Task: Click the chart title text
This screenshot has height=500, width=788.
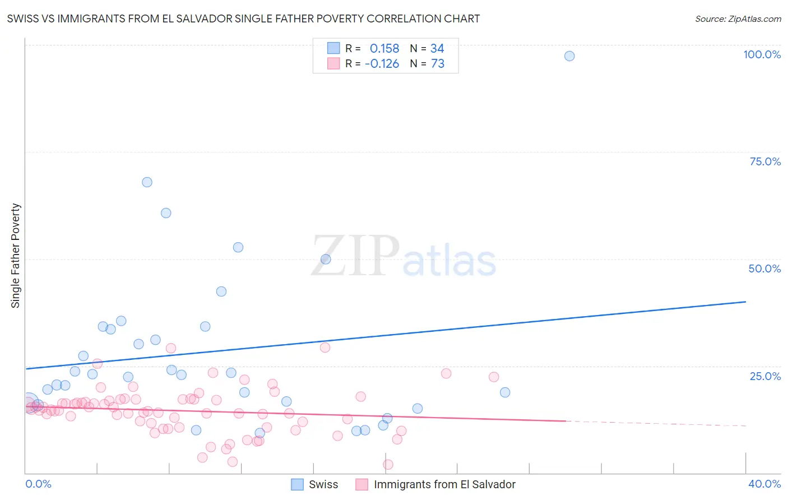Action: coord(243,18)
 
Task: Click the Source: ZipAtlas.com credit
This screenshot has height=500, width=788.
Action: coord(738,18)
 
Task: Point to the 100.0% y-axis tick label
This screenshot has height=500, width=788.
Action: coord(762,54)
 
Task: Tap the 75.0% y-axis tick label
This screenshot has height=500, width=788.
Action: coord(765,161)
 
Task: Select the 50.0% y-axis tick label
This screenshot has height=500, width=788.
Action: coord(764,268)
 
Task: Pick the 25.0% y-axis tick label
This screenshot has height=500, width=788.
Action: coord(765,376)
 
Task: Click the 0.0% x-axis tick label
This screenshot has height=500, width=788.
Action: coord(38,484)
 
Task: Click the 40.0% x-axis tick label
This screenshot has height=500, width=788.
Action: coord(764,484)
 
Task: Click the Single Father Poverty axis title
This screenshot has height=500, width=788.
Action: coord(16,256)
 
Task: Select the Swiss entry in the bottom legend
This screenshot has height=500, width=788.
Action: coord(323,484)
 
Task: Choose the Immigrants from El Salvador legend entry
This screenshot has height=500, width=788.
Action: coord(444,484)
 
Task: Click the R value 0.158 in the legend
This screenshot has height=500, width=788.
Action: coord(384,49)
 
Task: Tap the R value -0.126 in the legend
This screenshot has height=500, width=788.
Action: coord(382,64)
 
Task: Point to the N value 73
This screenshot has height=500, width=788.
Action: coord(437,64)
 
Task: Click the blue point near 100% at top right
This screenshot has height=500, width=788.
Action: coord(569,56)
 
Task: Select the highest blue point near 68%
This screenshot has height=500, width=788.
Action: coord(147,182)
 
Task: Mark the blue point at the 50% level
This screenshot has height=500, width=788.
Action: coord(326,259)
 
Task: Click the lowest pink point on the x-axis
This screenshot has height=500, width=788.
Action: coord(388,464)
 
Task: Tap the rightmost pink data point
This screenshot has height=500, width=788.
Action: coord(494,377)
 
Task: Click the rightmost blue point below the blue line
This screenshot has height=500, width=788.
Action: coord(505,392)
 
